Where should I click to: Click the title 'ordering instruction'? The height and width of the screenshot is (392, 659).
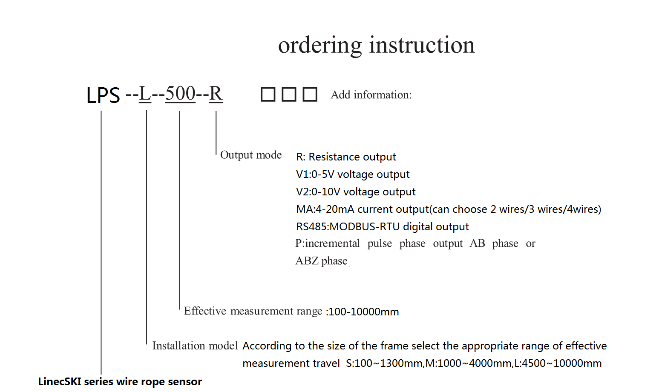(x=376, y=45)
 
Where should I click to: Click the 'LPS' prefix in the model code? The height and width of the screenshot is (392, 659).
(x=103, y=95)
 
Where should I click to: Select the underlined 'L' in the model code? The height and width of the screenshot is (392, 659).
(x=145, y=94)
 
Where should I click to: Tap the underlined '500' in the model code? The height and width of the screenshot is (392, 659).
(x=180, y=94)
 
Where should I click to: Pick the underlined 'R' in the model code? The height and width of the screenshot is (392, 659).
(x=216, y=94)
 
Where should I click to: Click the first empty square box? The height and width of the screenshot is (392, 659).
(x=268, y=94)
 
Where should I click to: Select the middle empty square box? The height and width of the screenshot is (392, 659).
(x=289, y=94)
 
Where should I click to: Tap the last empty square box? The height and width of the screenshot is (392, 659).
(x=310, y=94)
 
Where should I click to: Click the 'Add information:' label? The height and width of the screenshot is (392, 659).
(x=371, y=95)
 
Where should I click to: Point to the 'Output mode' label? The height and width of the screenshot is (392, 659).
(x=251, y=155)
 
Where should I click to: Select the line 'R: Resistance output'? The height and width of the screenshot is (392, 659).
(x=346, y=157)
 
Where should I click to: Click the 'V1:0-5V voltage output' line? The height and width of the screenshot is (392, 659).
(x=353, y=174)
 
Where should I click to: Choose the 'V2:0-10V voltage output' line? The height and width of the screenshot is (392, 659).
(x=356, y=192)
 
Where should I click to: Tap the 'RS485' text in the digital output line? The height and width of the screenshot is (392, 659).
(x=311, y=227)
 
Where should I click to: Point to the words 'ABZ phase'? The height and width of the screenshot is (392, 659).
(x=322, y=261)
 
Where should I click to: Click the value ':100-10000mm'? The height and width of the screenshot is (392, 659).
(x=363, y=312)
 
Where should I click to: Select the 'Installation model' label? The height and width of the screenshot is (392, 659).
(x=195, y=346)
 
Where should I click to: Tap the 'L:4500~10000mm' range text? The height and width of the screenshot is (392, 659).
(x=558, y=363)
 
